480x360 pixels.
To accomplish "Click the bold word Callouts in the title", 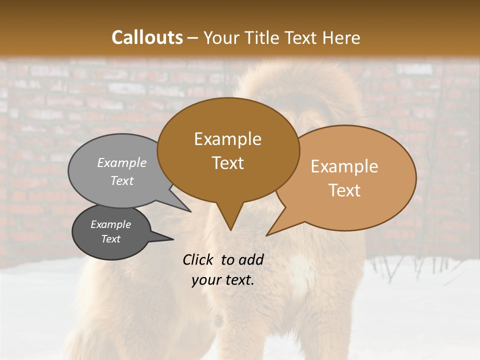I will pyautogui.click(x=147, y=37).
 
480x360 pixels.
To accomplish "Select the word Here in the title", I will pyautogui.click(x=341, y=37).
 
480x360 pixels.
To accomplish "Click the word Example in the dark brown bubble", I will pyautogui.click(x=227, y=139).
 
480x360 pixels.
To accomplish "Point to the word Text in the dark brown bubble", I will pyautogui.click(x=227, y=162).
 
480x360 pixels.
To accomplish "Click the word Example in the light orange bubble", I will pyautogui.click(x=344, y=166).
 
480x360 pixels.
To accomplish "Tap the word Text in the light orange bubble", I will pyautogui.click(x=344, y=190).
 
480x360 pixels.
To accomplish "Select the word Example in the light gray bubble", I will pyautogui.click(x=122, y=162).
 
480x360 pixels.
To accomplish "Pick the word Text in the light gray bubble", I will pyautogui.click(x=122, y=180).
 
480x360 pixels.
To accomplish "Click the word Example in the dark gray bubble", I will pyautogui.click(x=111, y=224).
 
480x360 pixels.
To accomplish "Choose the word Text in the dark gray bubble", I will pyautogui.click(x=111, y=239).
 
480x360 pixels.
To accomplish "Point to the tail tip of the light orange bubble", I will pyautogui.click(x=267, y=235).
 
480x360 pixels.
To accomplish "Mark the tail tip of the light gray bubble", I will pyautogui.click(x=190, y=211).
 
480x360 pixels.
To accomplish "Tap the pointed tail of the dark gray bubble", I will pyautogui.click(x=172, y=239).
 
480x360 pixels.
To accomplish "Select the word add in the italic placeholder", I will pyautogui.click(x=250, y=259).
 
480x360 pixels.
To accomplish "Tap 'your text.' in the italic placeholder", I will pyautogui.click(x=223, y=280).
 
